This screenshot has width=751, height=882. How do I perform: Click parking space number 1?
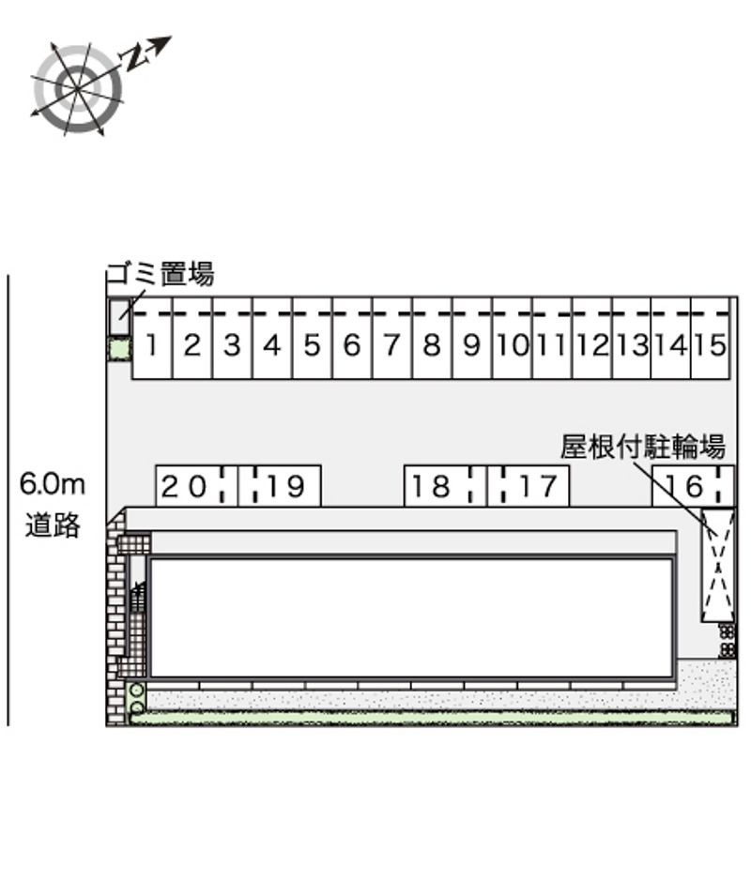[153, 338]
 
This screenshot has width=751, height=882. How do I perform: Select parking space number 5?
[313, 338]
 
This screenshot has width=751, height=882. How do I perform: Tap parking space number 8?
[432, 338]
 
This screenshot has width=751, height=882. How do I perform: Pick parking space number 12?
[591, 338]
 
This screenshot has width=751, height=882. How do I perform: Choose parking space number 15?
[711, 338]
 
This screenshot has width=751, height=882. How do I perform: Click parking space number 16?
[694, 486]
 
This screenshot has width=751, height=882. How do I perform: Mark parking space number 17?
[529, 486]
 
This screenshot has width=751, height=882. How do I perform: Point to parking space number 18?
[446, 486]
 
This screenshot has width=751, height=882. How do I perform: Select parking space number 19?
[280, 486]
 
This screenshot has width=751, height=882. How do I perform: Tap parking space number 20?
[197, 486]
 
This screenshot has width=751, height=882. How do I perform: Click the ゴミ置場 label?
[161, 274]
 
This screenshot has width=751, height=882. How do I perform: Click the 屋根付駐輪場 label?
[642, 448]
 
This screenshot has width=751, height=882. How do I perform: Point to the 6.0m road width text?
[53, 484]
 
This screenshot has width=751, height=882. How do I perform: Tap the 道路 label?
[53, 525]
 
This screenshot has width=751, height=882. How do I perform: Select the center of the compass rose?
[77, 89]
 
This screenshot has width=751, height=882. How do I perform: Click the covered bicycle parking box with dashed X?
[718, 565]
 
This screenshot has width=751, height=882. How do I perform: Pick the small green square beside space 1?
[119, 349]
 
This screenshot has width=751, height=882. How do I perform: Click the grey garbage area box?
[119, 318]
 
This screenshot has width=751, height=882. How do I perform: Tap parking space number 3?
[233, 338]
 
